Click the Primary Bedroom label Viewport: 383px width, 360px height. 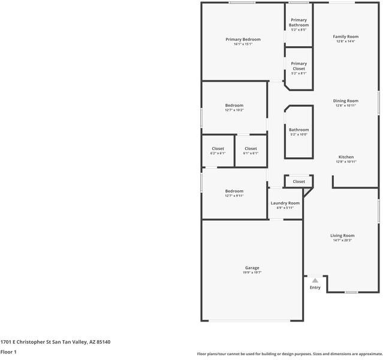point(243,40)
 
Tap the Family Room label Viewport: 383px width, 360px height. point(346,37)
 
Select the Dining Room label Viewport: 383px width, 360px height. point(346,101)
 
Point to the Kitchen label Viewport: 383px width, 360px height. point(346,157)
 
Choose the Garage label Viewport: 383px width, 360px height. point(252,268)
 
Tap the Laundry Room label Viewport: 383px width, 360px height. point(285,203)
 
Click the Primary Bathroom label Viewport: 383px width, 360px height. point(298,22)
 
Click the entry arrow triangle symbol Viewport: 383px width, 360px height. point(315,280)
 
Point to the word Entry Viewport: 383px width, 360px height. point(315,287)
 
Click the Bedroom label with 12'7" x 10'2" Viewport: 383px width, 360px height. point(234,106)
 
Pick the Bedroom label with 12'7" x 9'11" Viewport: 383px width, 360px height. point(234,191)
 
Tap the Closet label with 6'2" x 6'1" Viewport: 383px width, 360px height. point(218,149)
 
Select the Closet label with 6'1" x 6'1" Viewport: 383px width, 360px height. point(251,149)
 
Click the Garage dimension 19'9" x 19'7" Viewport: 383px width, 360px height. point(252,272)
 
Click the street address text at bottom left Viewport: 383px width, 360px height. point(55,342)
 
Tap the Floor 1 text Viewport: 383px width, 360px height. point(8,352)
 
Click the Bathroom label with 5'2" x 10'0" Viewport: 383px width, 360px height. point(298,130)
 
